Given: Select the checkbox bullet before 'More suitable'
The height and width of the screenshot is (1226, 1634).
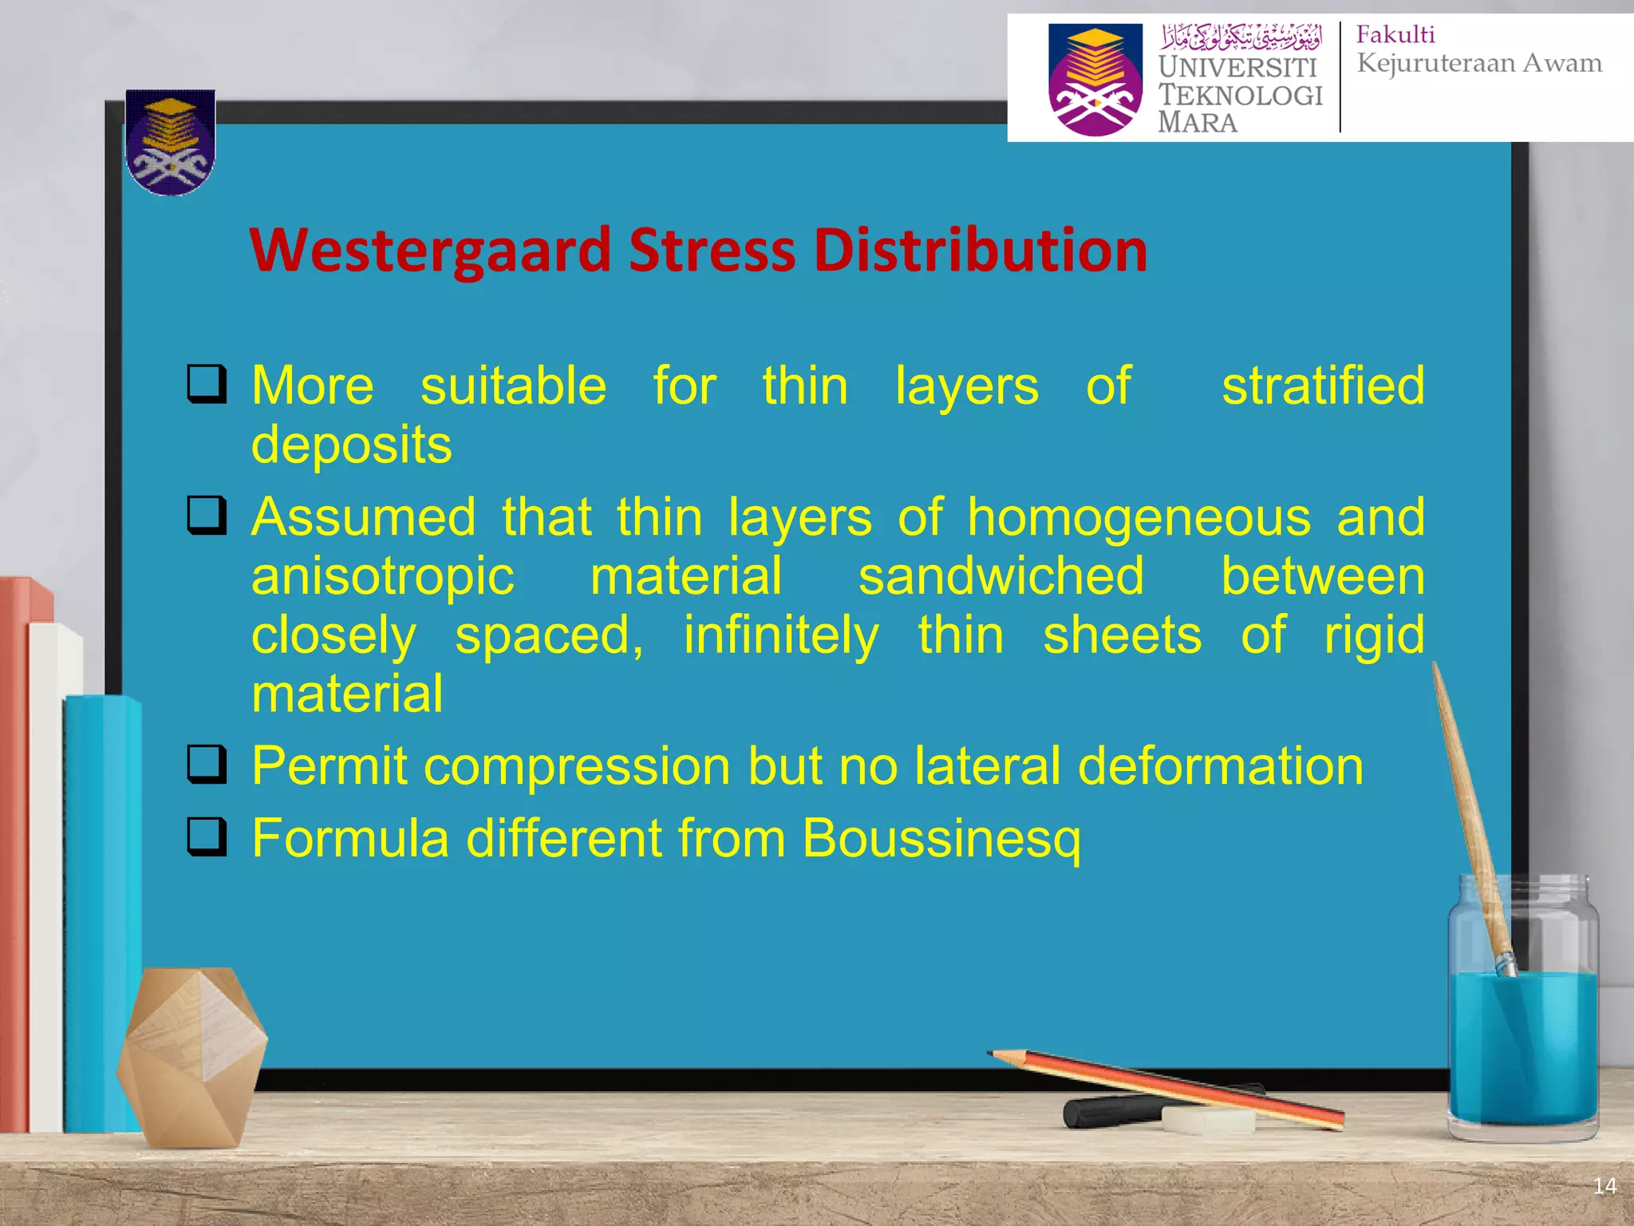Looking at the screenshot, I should [x=207, y=384].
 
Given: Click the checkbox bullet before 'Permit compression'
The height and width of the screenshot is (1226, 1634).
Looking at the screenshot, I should [x=207, y=765].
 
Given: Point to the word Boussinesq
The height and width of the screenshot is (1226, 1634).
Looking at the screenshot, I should [x=941, y=838].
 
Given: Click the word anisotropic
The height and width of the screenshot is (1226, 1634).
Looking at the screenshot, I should [x=383, y=576].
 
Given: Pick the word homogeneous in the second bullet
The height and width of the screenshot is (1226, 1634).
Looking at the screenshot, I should [x=1139, y=517].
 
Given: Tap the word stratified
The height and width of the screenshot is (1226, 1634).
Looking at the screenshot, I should [x=1322, y=386].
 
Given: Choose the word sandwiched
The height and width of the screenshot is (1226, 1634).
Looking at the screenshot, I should [x=1001, y=576].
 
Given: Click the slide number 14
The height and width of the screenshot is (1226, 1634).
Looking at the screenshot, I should [x=1604, y=1186].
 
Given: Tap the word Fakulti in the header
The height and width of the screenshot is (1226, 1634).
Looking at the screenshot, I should [x=1395, y=35].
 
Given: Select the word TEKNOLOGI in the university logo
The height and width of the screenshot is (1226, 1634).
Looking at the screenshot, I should [x=1240, y=95].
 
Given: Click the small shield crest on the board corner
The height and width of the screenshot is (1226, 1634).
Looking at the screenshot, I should [x=170, y=142].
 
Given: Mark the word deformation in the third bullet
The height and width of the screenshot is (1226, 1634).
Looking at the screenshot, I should [x=1220, y=766].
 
